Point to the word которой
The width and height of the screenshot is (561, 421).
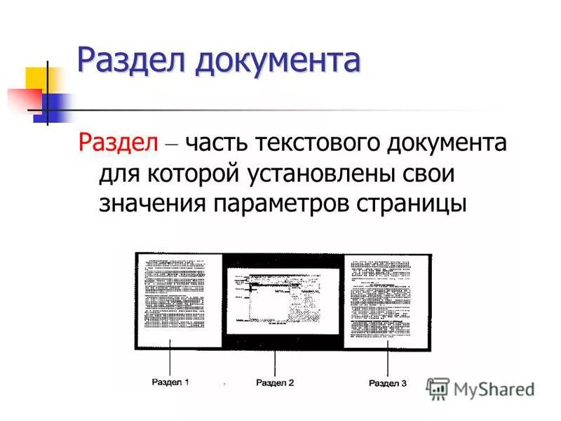(x=185, y=173)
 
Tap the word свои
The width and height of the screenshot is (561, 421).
(x=431, y=173)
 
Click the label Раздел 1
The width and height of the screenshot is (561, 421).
(x=170, y=382)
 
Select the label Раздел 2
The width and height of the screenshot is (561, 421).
(x=275, y=383)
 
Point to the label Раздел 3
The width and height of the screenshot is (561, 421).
(x=387, y=383)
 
